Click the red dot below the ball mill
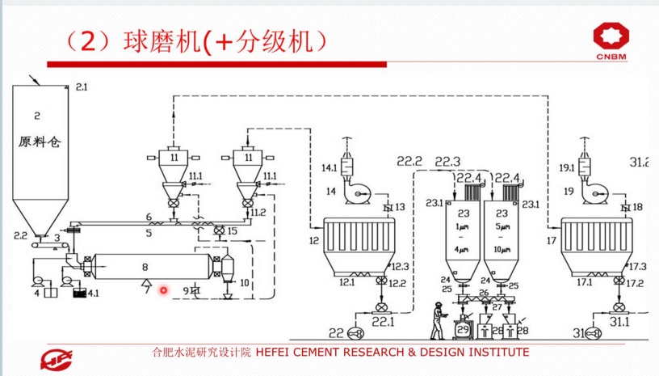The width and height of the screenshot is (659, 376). tap(163, 290)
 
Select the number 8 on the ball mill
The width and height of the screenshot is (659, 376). tap(145, 266)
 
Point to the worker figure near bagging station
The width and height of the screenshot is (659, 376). tap(437, 319)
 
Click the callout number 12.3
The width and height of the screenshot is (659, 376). tap(401, 266)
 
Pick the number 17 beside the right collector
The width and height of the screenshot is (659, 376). tap(552, 240)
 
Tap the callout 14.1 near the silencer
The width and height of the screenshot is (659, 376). tap(329, 168)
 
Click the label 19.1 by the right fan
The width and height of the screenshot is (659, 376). tap(568, 168)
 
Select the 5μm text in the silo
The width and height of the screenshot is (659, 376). tap(502, 227)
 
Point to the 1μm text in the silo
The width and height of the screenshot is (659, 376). tap(464, 227)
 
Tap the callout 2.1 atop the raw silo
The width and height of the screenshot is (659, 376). tap(82, 86)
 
